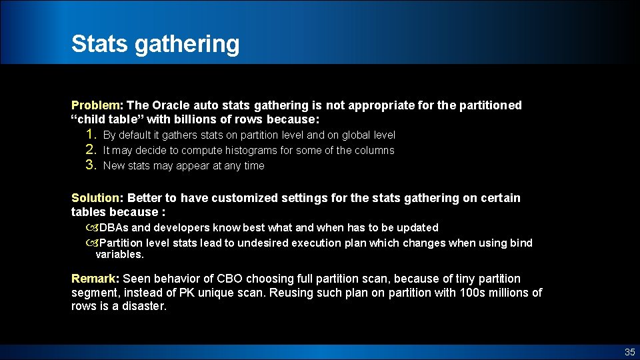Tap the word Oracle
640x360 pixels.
tap(171, 105)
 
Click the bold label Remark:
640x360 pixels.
tap(95, 279)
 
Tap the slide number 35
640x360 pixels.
tap(629, 352)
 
